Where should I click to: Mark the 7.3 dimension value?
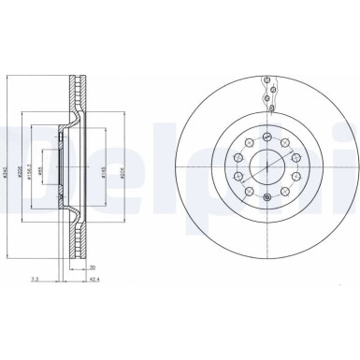point(35,278)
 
